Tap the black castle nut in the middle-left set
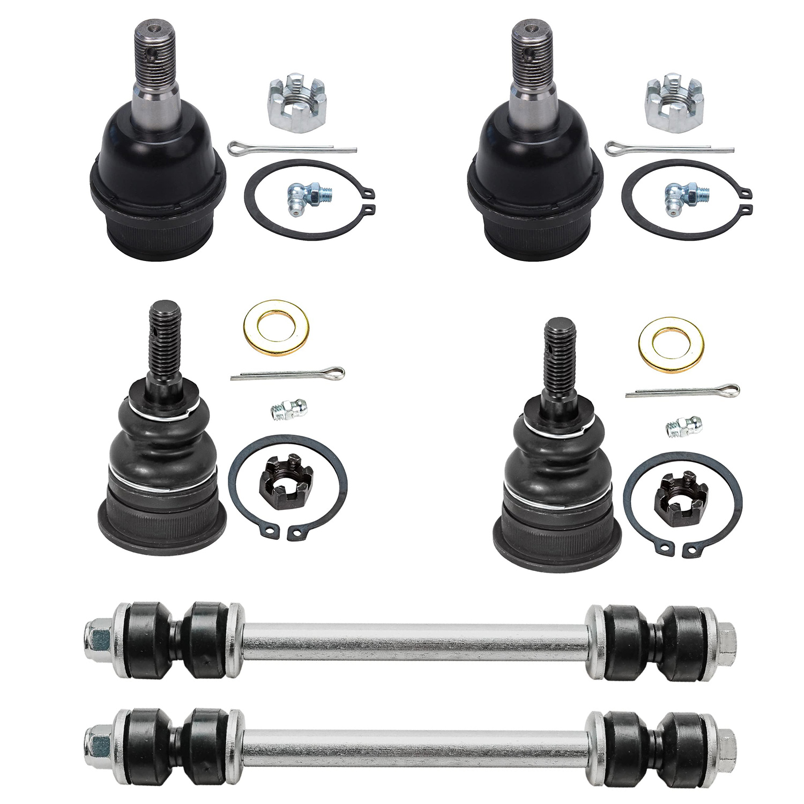[286, 479]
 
